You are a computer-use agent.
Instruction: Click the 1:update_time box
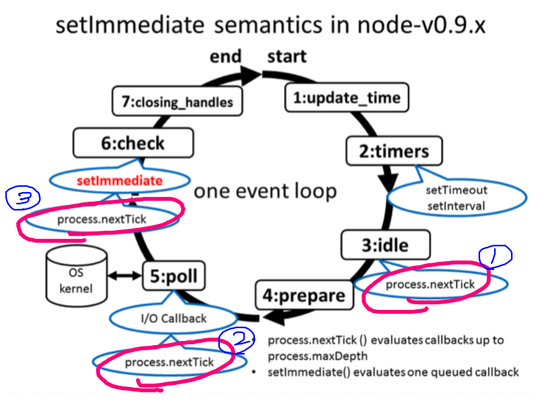tap(346, 98)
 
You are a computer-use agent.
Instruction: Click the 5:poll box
tap(174, 276)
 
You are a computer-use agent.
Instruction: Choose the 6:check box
tap(133, 143)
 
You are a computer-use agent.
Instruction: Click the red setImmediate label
tap(119, 181)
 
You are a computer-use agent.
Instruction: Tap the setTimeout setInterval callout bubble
tap(456, 198)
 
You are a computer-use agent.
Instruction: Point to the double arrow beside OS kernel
tap(125, 275)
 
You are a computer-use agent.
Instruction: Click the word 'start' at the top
tap(287, 56)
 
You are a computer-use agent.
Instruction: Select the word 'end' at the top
tap(225, 56)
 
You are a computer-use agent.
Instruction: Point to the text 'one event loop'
tap(265, 191)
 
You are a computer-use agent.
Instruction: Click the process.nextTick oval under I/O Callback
tap(168, 362)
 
